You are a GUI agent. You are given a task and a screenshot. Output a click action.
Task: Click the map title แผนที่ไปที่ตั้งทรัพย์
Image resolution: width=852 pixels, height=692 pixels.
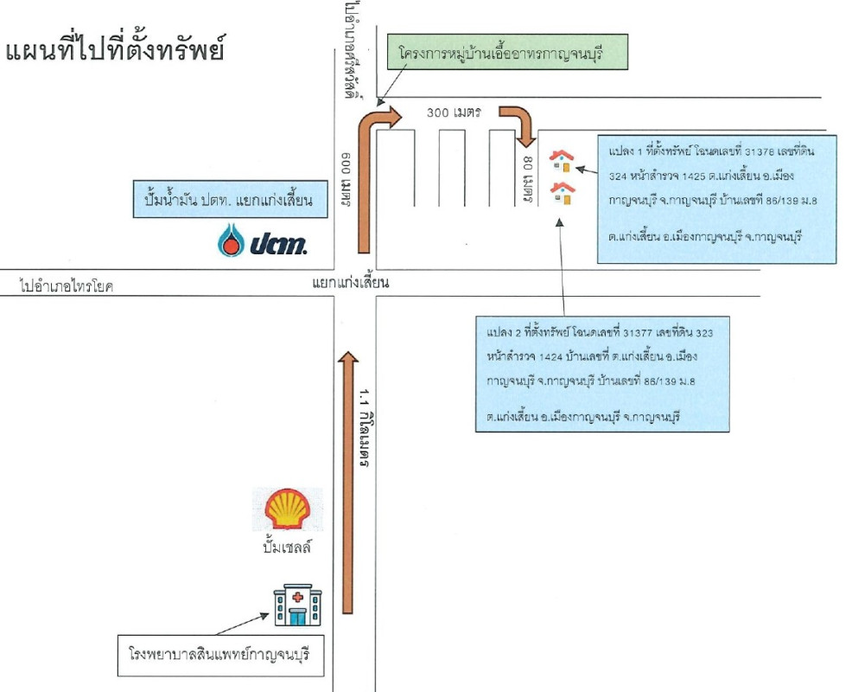[115, 48]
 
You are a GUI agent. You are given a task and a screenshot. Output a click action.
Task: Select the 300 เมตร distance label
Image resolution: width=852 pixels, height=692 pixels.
[454, 112]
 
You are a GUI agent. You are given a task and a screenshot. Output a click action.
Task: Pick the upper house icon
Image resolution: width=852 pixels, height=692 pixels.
[562, 160]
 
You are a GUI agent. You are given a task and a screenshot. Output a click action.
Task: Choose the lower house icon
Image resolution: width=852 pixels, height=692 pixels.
[563, 193]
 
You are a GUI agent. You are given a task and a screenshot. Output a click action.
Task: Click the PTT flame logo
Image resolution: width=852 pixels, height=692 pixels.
[231, 242]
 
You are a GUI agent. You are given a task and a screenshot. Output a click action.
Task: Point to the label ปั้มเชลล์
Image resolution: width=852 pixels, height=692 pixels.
[286, 548]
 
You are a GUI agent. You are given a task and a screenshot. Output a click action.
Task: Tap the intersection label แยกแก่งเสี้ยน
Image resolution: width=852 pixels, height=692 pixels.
[353, 283]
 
